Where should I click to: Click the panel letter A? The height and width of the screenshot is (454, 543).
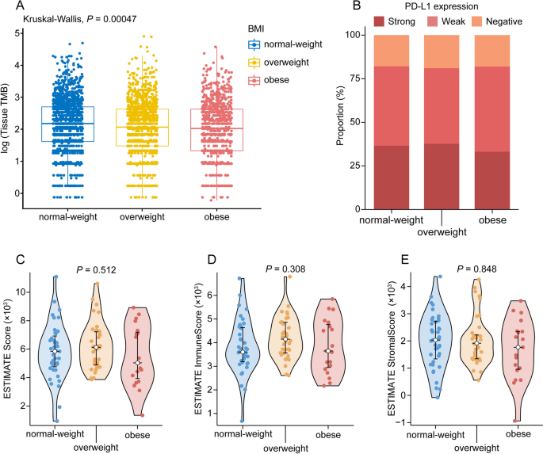click(x=7, y=6)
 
